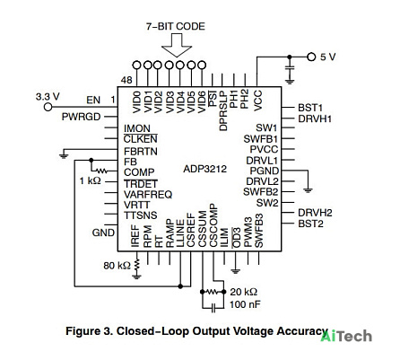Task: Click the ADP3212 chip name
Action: click(x=205, y=169)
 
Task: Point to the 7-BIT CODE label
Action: click(x=176, y=26)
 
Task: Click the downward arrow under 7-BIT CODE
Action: click(x=177, y=45)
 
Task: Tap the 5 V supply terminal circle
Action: click(x=311, y=57)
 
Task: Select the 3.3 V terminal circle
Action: click(x=48, y=107)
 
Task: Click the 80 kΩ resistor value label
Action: click(x=117, y=266)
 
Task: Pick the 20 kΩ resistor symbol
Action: click(x=213, y=292)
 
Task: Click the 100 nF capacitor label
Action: click(x=245, y=304)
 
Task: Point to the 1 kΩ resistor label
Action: click(x=91, y=180)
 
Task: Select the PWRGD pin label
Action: click(x=81, y=117)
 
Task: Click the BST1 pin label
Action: click(x=310, y=108)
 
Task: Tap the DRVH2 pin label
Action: click(x=315, y=213)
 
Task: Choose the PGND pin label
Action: click(x=265, y=171)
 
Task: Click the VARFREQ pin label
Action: click(x=148, y=195)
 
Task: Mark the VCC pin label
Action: click(x=257, y=101)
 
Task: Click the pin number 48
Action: click(x=126, y=80)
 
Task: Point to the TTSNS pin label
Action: click(x=141, y=215)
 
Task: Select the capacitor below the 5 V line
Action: click(x=289, y=68)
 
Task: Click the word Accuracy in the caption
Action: click(x=302, y=331)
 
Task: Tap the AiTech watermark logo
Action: click(x=346, y=337)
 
